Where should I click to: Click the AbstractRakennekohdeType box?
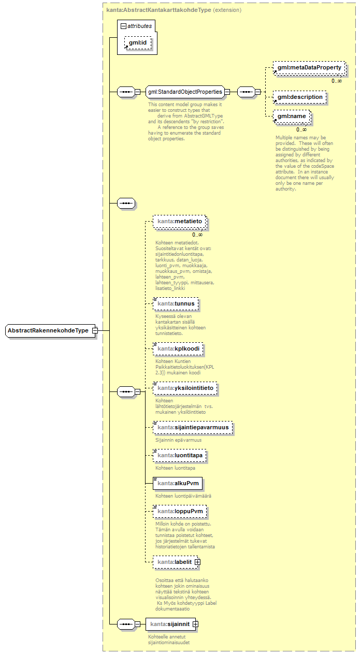(48, 330)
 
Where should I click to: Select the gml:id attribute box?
(138, 43)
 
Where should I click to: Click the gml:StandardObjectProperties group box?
(185, 92)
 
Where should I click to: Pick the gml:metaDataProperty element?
(309, 68)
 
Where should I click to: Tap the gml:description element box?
(300, 97)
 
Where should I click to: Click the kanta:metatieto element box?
(180, 222)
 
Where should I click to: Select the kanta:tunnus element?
(176, 303)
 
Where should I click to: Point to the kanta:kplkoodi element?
(178, 349)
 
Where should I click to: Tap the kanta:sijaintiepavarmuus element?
(193, 428)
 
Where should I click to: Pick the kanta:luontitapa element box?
(180, 456)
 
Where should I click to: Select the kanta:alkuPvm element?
(178, 484)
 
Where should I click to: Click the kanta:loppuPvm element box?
(180, 512)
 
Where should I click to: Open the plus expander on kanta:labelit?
(197, 562)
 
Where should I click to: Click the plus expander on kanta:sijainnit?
(195, 624)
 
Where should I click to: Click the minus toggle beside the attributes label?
(123, 25)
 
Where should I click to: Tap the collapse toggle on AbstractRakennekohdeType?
(95, 330)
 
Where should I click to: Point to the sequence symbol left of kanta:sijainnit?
(125, 624)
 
